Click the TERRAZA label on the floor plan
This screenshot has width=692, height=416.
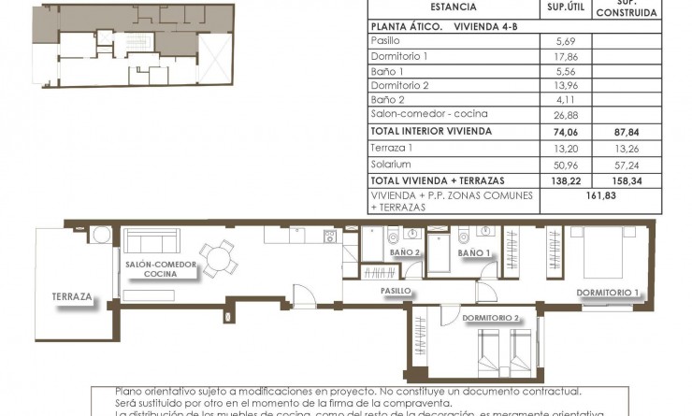point(72,297)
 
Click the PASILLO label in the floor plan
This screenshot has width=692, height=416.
point(396,291)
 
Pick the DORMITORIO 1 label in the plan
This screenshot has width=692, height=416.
point(608,294)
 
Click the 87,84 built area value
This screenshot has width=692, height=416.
point(627,132)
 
